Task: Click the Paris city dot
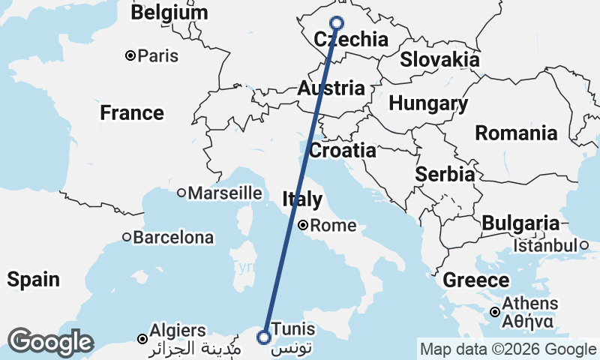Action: click(130, 55)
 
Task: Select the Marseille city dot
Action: click(181, 193)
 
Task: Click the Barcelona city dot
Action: click(127, 238)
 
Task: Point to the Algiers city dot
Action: click(142, 340)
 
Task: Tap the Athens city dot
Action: click(495, 312)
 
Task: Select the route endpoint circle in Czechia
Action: click(335, 23)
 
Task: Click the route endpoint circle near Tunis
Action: click(263, 337)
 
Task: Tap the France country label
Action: click(132, 113)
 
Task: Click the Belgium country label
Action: click(169, 13)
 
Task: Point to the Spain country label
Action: click(33, 280)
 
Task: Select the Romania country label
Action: click(516, 133)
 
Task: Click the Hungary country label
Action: click(428, 103)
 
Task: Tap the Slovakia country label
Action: click(439, 59)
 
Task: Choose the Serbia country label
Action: click(445, 174)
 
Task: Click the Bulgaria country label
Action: click(520, 223)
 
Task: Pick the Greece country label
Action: click(476, 280)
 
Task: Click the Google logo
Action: click(51, 342)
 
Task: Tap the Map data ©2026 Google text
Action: click(508, 349)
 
